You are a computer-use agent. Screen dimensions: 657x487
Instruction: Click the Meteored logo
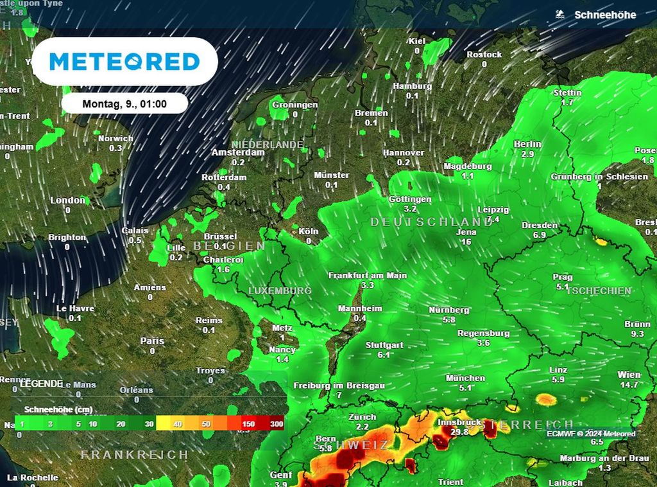pos(124,62)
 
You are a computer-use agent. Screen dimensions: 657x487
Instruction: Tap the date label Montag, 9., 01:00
pos(124,103)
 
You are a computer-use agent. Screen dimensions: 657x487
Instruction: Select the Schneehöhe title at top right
pos(604,15)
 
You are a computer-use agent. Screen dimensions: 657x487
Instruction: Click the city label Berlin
pos(527,145)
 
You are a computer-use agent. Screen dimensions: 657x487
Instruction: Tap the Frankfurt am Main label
pos(367,275)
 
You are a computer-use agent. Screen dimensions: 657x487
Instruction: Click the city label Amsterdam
pos(237,153)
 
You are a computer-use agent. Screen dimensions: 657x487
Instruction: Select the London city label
pos(67,200)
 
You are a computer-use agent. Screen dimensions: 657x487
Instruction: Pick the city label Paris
pos(152,341)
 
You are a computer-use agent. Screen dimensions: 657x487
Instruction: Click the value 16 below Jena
pos(466,242)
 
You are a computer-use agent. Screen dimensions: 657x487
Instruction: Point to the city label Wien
pos(629,375)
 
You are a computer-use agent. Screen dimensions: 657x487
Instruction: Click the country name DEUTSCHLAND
pos(430,222)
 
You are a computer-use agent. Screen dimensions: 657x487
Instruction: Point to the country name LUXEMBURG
pos(280,291)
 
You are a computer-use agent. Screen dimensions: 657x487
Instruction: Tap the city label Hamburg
pos(412,86)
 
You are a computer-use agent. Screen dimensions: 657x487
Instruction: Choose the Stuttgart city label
pos(384,345)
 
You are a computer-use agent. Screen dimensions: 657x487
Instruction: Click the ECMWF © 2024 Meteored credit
pos(591,434)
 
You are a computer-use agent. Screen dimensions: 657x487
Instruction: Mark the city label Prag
pos(562,277)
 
